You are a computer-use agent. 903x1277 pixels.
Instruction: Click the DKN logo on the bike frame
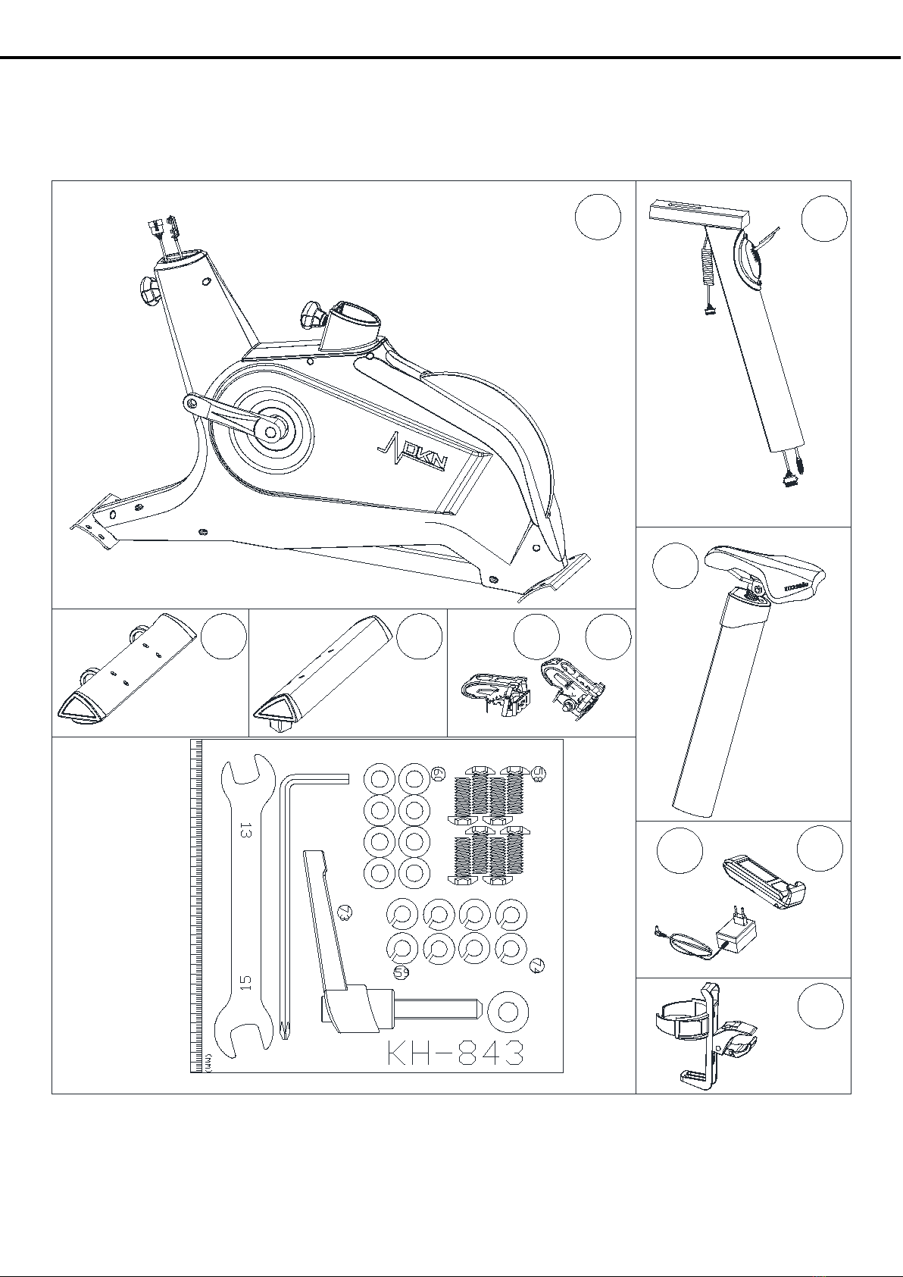coord(411,453)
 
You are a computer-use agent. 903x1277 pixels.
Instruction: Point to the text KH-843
coord(455,1053)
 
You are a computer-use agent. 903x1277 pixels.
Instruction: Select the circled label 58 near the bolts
coord(539,772)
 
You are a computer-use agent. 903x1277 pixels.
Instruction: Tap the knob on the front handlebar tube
coord(148,289)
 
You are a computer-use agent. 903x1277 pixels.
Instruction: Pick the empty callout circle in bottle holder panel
coord(820,1006)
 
